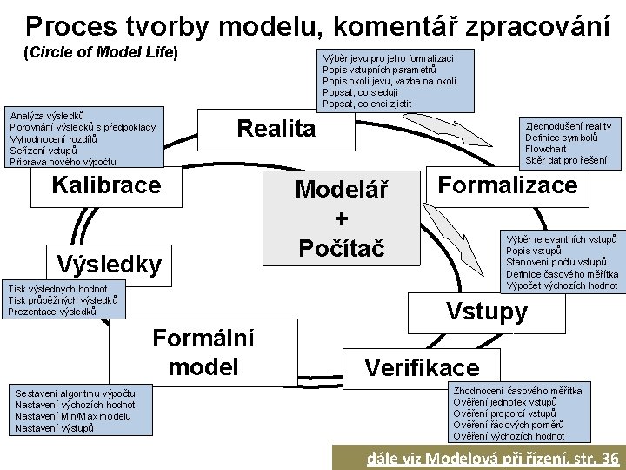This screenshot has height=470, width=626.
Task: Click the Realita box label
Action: coord(276,129)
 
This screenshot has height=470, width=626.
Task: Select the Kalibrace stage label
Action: coord(106,185)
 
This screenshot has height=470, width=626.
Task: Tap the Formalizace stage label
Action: coord(508,185)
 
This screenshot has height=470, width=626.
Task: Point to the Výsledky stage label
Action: coord(108,264)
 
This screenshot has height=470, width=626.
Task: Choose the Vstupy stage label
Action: coord(486,312)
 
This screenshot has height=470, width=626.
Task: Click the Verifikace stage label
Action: coord(422,367)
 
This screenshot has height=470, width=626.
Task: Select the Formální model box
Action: coord(203,352)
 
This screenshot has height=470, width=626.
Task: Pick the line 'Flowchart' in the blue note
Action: coord(547,149)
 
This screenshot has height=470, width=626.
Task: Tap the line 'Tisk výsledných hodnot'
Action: coord(57,289)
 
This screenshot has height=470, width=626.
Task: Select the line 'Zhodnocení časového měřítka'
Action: coord(517,392)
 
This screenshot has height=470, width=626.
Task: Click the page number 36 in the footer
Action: coord(609,459)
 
